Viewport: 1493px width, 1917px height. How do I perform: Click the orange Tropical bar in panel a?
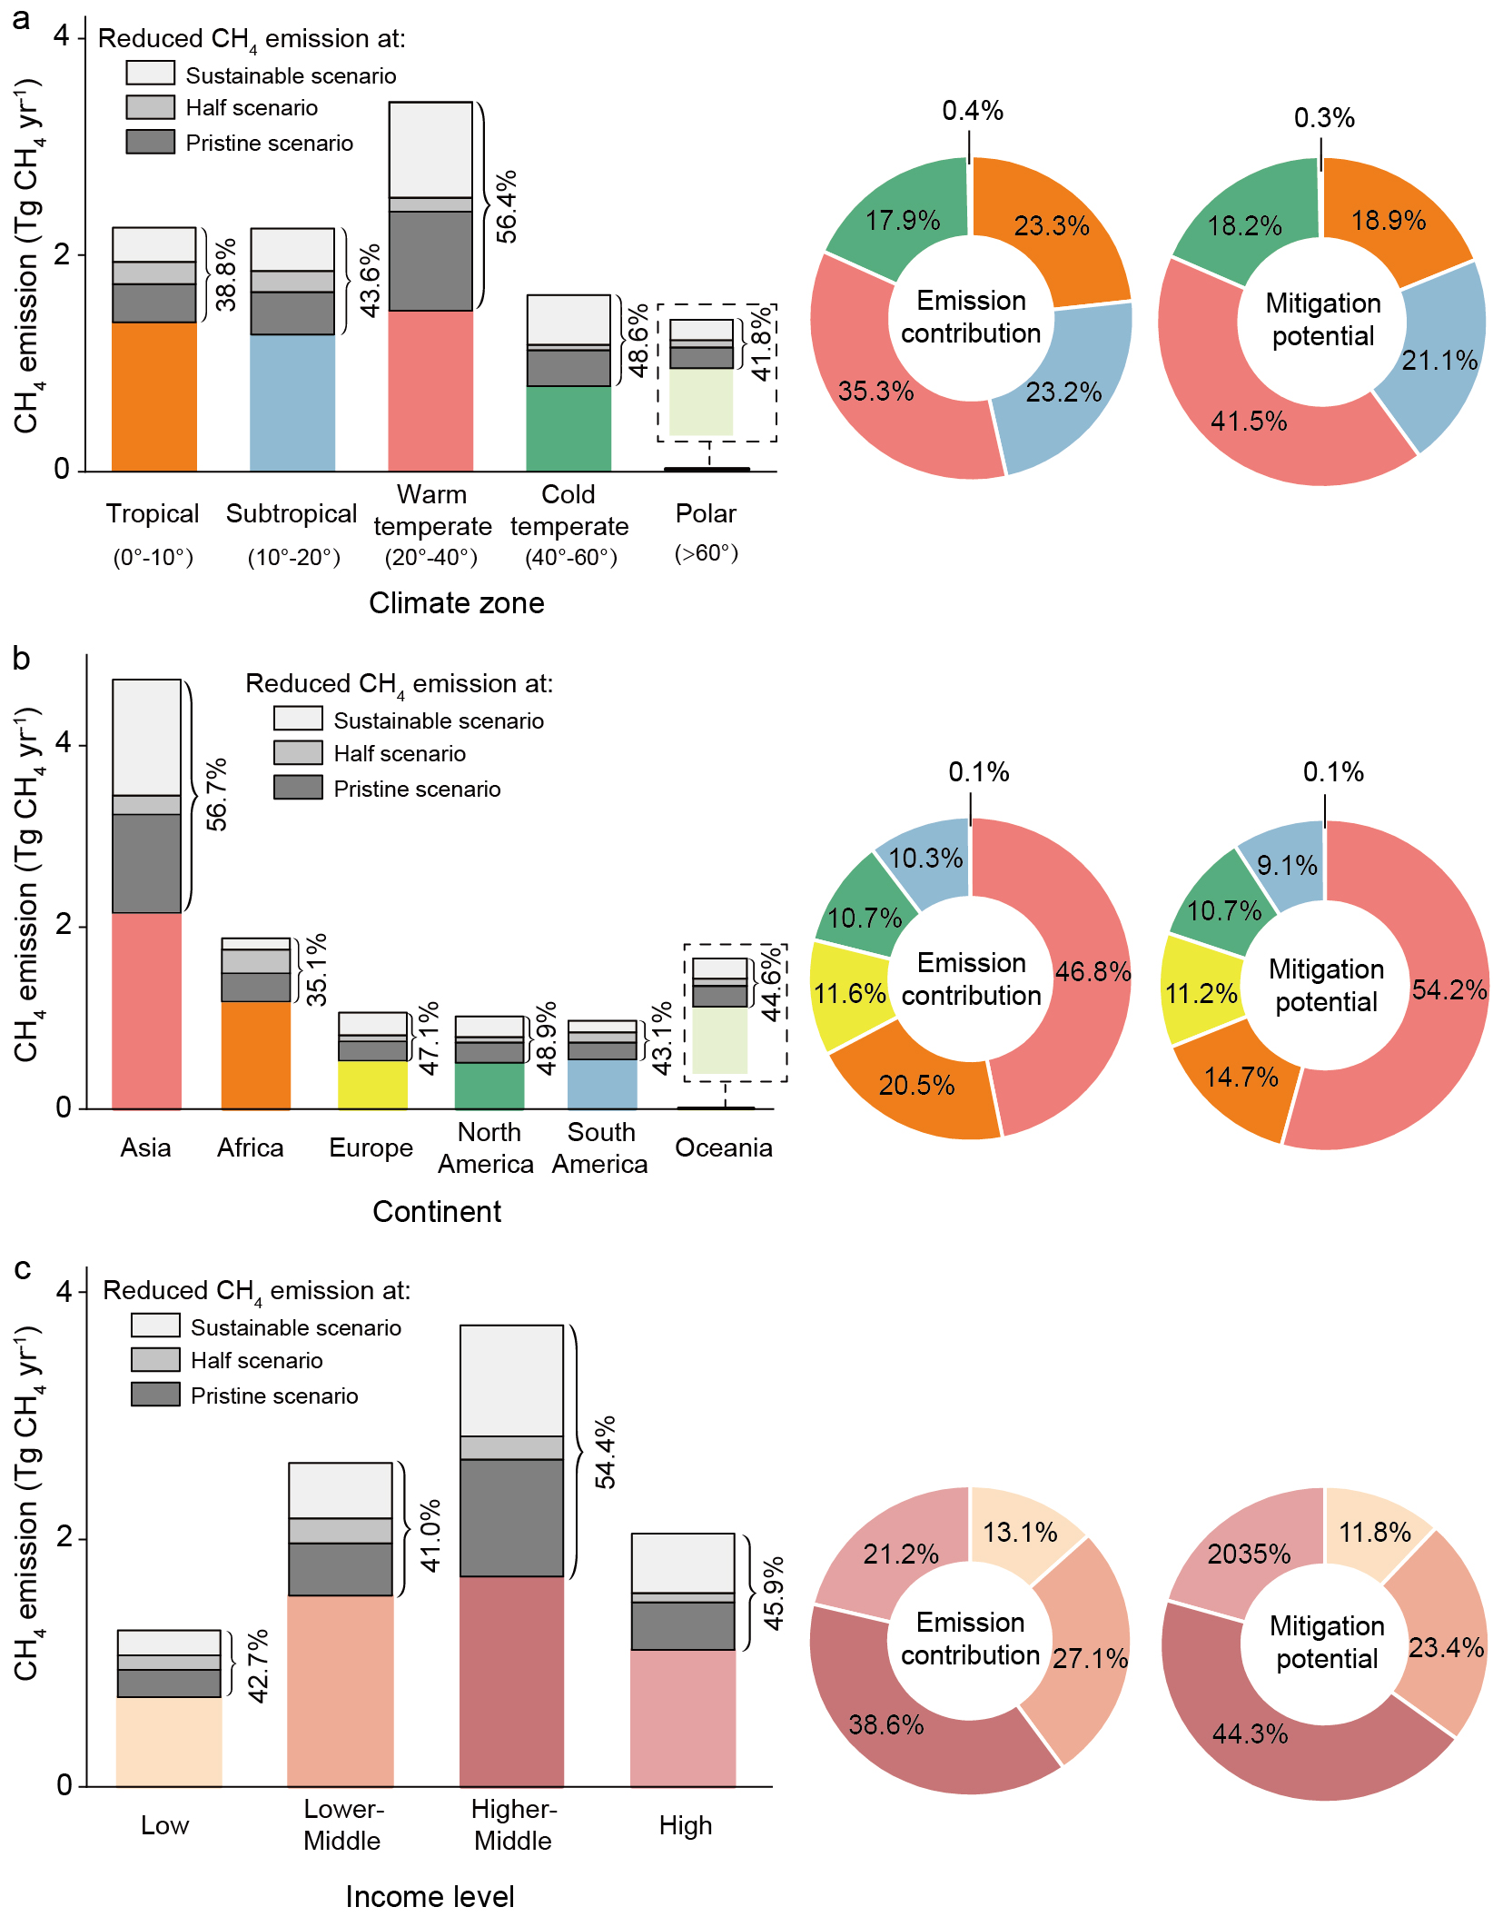tap(153, 396)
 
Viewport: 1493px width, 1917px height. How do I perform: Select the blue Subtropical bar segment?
tap(292, 402)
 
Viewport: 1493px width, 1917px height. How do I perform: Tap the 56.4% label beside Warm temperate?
tap(506, 206)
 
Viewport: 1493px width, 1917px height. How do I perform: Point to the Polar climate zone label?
tap(706, 513)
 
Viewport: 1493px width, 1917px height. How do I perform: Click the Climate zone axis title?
tap(456, 603)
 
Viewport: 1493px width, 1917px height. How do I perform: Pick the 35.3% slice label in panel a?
tap(875, 392)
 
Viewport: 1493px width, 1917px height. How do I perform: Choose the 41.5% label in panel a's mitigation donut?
tap(1249, 422)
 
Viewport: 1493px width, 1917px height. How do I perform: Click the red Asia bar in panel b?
tap(146, 1010)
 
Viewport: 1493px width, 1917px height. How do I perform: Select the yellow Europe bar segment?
tap(372, 1085)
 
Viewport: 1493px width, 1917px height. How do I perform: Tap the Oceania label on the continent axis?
tap(723, 1147)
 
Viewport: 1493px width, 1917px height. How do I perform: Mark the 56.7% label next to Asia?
tap(217, 795)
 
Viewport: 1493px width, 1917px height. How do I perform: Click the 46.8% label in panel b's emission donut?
tap(1093, 972)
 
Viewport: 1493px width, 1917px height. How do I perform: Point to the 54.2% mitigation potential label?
tap(1449, 989)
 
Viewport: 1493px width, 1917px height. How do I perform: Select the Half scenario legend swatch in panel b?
tap(298, 752)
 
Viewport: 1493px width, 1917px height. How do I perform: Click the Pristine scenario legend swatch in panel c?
tap(155, 1394)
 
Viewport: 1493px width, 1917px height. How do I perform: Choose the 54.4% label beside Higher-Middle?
tap(605, 1452)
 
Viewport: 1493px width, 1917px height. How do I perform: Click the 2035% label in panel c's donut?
tap(1249, 1554)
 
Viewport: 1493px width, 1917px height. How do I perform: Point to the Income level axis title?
tap(430, 1897)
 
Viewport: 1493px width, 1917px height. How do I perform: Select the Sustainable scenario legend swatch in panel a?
tap(150, 73)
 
